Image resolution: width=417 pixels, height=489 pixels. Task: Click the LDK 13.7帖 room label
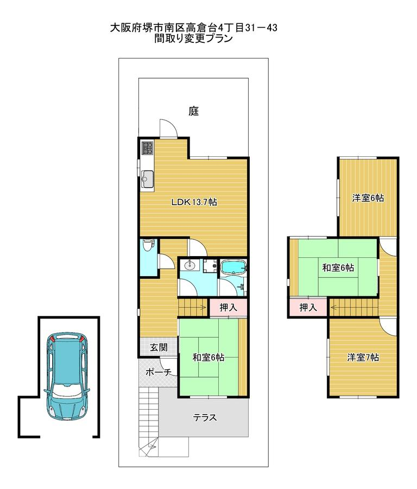[194, 202]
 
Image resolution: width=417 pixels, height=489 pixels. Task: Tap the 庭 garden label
[194, 111]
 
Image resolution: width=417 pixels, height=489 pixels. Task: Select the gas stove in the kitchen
[147, 148]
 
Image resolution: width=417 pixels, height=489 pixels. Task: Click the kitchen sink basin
[147, 177]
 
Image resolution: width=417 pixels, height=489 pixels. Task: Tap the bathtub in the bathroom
[233, 268]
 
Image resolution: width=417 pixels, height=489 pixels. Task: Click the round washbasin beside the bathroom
[189, 266]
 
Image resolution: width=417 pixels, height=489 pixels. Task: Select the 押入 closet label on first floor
[228, 308]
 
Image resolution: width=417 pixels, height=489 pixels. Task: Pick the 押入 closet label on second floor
[308, 308]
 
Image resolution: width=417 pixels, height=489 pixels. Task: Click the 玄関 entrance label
[159, 347]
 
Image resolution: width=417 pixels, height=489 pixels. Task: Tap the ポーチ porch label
[159, 372]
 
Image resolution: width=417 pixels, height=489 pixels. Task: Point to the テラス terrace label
[205, 417]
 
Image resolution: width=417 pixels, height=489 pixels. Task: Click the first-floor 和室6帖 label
[208, 358]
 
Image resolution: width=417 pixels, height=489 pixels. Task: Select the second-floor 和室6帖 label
[338, 268]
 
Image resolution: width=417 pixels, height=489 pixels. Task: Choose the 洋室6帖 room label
[368, 198]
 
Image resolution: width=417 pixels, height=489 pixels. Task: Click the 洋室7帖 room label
[363, 358]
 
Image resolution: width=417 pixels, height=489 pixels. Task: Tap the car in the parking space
[67, 377]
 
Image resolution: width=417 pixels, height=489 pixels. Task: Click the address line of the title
[194, 28]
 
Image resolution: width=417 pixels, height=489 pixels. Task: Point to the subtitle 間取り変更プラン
[194, 39]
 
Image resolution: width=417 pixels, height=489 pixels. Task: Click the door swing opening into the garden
[168, 128]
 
